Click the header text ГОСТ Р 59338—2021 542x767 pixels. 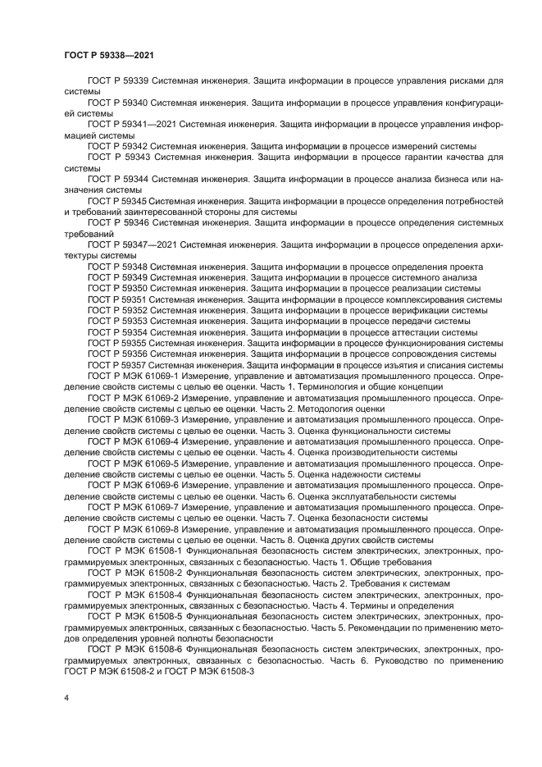109,54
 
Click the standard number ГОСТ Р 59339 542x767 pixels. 117,82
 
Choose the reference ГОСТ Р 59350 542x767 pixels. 117,289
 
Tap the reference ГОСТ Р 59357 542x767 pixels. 117,365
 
